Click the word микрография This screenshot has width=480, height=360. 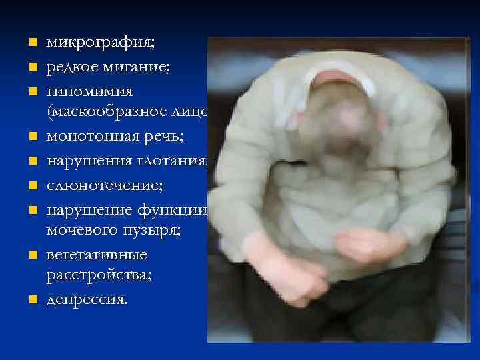coord(100,43)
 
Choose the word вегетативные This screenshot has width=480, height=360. coord(97,254)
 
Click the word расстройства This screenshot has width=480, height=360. coord(99,277)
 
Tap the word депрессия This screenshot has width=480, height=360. coord(86,301)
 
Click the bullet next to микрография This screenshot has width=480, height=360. coord(31,44)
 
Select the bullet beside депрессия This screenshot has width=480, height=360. coord(31,301)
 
